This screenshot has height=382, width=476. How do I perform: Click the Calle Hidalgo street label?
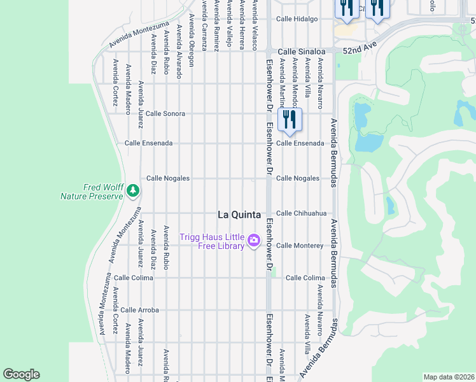tap(297, 19)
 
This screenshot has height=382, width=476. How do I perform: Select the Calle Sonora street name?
tap(165, 113)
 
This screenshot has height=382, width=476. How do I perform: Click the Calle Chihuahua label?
tap(301, 213)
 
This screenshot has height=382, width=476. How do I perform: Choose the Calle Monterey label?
tap(300, 245)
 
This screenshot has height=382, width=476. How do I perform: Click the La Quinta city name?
tap(239, 215)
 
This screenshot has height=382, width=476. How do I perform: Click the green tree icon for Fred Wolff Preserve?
tap(132, 190)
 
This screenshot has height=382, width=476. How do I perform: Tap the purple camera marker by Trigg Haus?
tap(254, 240)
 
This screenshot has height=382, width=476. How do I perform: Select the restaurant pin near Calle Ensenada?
tap(290, 120)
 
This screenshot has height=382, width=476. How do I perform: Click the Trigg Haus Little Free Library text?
tap(212, 242)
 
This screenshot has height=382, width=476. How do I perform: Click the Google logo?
tap(22, 374)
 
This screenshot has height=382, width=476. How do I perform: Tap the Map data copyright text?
tap(448, 377)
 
